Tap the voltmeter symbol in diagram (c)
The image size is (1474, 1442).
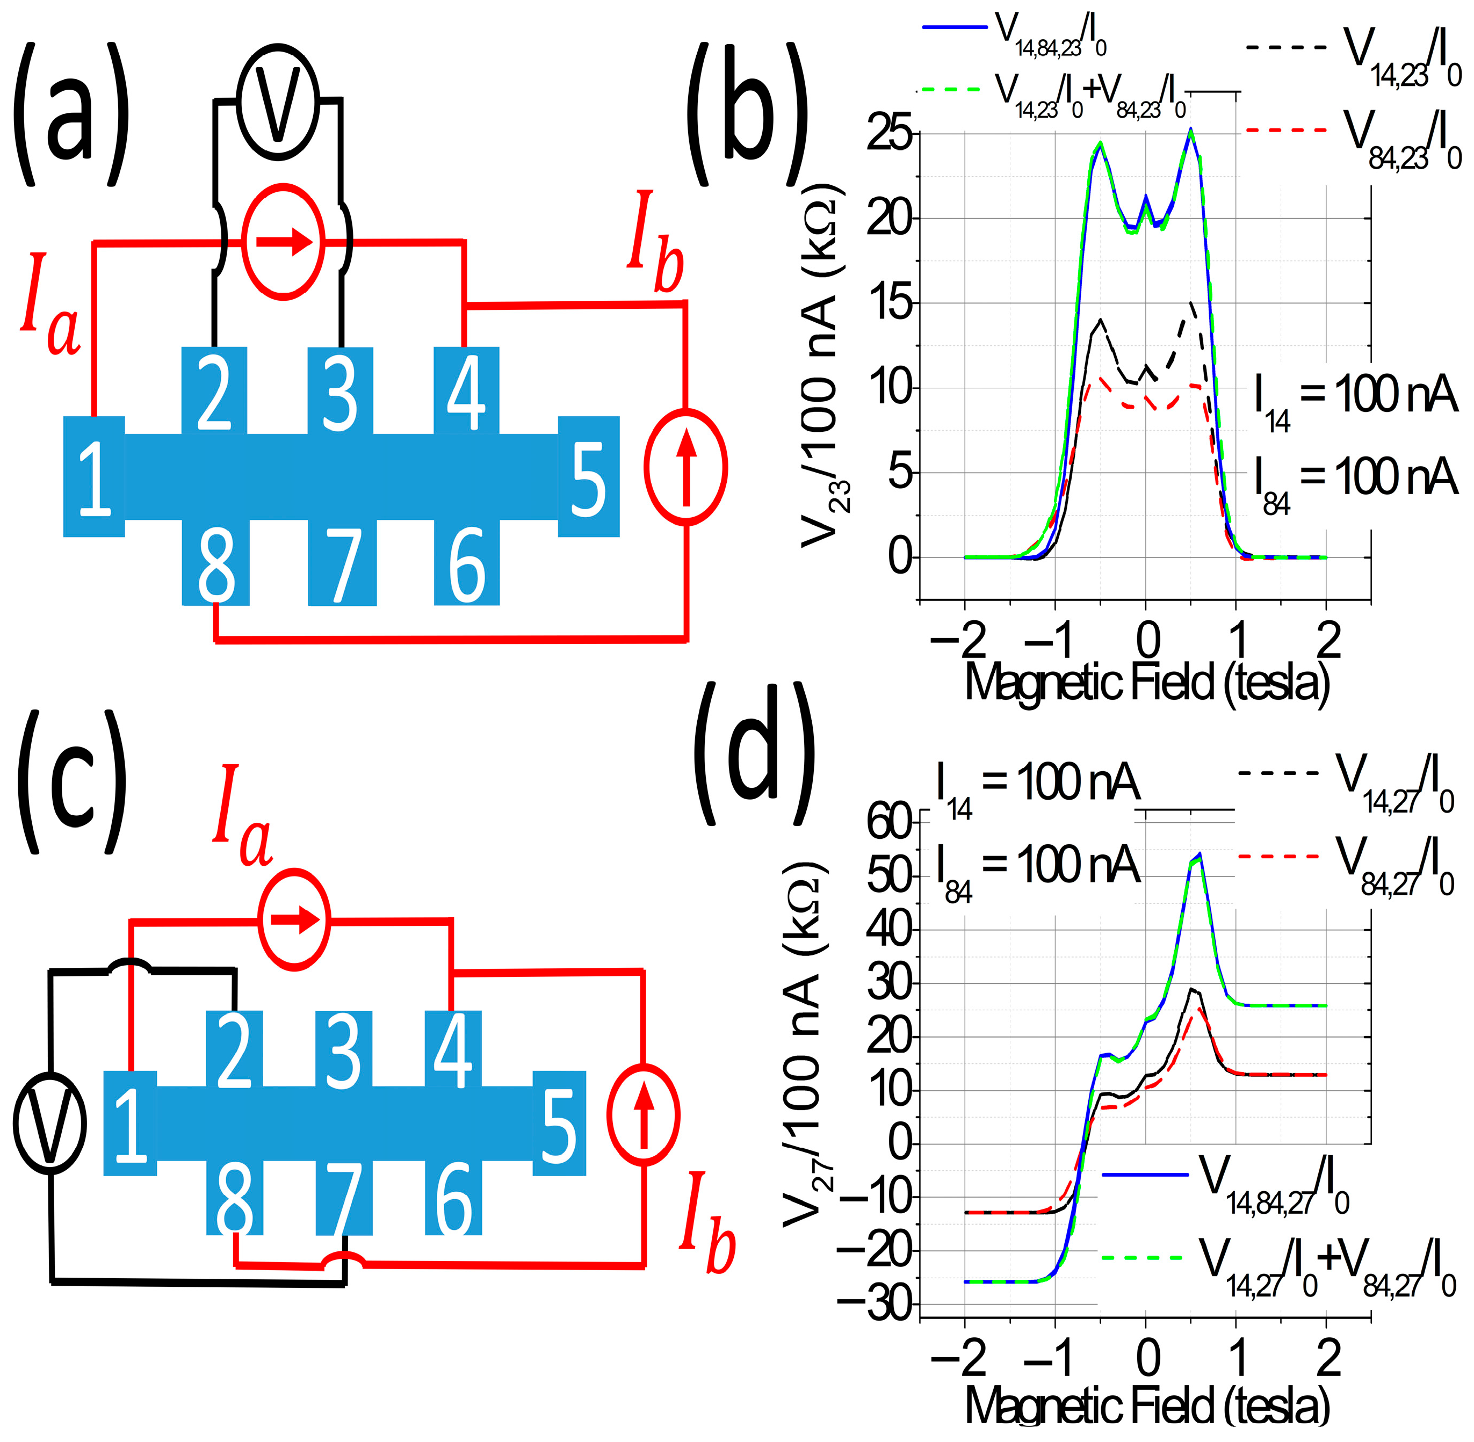[x=50, y=1123]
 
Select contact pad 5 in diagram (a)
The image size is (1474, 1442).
[x=589, y=476]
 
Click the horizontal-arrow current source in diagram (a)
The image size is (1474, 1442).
[x=283, y=242]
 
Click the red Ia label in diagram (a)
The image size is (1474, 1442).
[x=50, y=307]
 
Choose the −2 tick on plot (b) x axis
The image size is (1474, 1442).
[x=959, y=640]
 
